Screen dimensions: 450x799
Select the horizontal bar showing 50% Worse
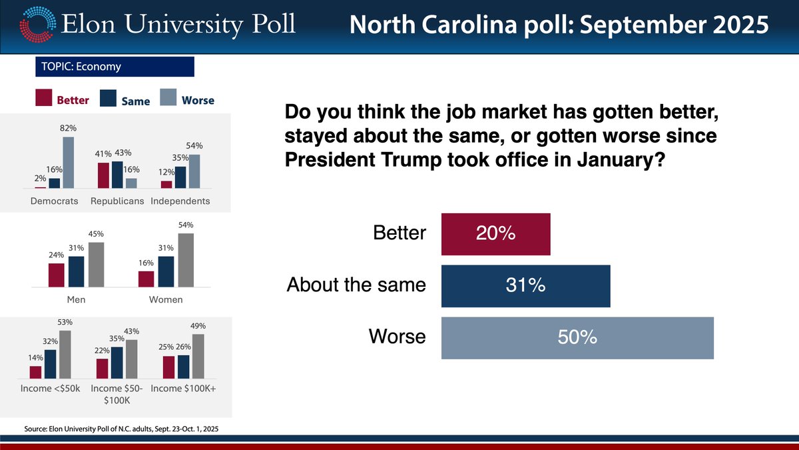(577, 338)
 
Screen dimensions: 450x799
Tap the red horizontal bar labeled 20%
(495, 234)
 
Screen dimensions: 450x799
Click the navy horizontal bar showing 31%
(525, 286)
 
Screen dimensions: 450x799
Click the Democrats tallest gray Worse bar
(68, 163)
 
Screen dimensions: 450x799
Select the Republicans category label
(117, 201)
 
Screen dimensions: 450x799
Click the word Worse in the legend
(198, 100)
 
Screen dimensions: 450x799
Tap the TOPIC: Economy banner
(114, 67)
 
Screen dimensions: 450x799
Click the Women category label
(165, 300)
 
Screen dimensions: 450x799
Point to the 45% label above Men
(96, 235)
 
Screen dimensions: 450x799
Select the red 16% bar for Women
(146, 279)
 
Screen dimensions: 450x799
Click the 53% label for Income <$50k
(65, 323)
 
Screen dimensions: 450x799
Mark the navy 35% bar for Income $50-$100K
(117, 362)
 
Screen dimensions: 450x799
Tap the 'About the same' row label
(356, 285)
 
